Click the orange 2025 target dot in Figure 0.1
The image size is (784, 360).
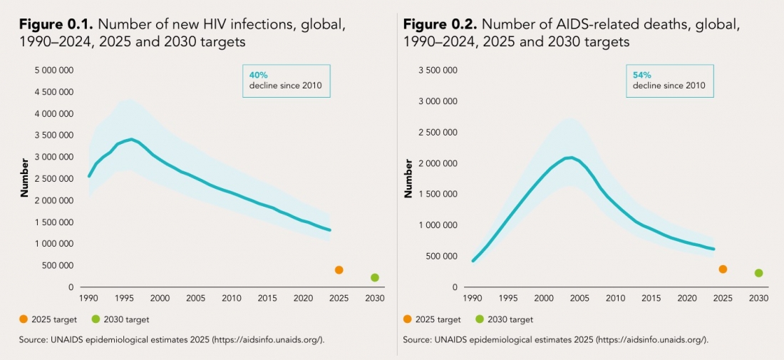pyautogui.click(x=339, y=269)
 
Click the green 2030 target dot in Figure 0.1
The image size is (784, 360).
pyautogui.click(x=375, y=277)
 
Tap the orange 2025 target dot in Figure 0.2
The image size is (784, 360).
pyautogui.click(x=723, y=269)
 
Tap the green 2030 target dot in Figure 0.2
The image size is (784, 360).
pyautogui.click(x=759, y=273)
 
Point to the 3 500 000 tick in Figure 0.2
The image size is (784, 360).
pyautogui.click(x=437, y=70)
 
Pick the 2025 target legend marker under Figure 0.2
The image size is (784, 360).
pyautogui.click(x=408, y=319)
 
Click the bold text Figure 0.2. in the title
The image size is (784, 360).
pyautogui.click(x=440, y=25)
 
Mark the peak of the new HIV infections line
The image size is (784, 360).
pyautogui.click(x=131, y=139)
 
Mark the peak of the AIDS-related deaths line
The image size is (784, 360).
pyautogui.click(x=569, y=157)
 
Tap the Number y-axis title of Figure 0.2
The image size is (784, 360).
pyautogui.click(x=408, y=178)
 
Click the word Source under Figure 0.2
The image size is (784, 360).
pyautogui.click(x=418, y=340)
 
